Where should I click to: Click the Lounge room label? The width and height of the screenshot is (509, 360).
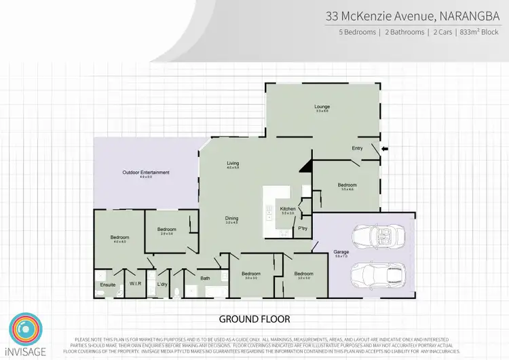(322, 107)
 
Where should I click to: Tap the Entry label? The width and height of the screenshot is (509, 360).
(357, 147)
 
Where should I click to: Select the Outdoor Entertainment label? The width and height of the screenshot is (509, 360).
(146, 173)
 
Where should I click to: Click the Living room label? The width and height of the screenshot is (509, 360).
(233, 164)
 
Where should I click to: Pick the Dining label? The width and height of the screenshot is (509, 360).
(231, 218)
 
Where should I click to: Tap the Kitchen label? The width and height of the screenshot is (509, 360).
(288, 208)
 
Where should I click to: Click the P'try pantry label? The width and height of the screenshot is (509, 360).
(303, 228)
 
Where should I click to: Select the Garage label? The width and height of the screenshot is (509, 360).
(341, 252)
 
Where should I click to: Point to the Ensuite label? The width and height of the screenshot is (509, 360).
(108, 284)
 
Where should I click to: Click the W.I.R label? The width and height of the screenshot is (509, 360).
(134, 284)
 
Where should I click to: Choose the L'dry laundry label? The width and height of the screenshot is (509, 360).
(162, 284)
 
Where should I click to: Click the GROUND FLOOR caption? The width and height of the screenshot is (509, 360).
(254, 319)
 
